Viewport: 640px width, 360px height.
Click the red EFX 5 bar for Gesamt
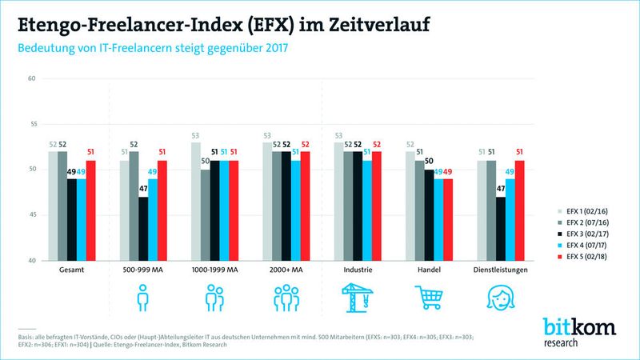click(x=90, y=210)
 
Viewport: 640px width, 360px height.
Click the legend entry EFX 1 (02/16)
click(x=560, y=206)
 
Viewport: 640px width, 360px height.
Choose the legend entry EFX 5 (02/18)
click(x=560, y=258)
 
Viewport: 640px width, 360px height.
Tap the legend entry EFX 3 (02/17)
click(x=560, y=232)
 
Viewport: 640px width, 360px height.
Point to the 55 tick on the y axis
click(x=32, y=124)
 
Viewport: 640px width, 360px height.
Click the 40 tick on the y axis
click(x=32, y=261)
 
